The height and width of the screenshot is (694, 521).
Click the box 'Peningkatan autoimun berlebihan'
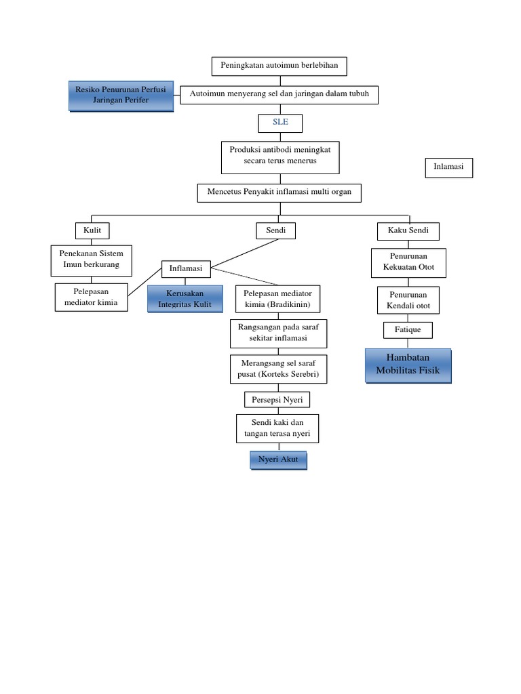tap(279, 66)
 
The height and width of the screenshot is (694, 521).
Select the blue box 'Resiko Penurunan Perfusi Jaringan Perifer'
tap(120, 96)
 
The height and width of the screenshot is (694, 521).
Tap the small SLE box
tap(280, 123)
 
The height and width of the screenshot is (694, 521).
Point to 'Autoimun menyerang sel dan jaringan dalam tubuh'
tap(279, 94)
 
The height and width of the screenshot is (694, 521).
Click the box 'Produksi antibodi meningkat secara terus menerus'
tap(280, 157)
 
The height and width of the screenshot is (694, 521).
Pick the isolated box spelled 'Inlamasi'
tap(448, 167)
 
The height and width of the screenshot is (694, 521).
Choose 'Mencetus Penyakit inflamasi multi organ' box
tap(279, 192)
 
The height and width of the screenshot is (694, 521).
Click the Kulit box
tap(92, 231)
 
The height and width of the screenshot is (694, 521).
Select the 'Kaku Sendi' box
tap(408, 231)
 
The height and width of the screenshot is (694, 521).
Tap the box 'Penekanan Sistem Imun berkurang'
tap(92, 260)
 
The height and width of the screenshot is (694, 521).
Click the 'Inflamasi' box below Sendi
tap(186, 268)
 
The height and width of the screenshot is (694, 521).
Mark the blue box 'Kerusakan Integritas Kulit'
tap(185, 299)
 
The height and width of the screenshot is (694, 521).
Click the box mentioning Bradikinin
tap(277, 299)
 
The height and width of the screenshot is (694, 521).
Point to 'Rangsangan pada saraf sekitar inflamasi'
tap(278, 333)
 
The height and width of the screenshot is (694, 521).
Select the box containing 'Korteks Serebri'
tap(277, 368)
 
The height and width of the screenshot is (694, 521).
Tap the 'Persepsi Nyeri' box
tap(277, 399)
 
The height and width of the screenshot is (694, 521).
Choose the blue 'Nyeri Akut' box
tap(278, 460)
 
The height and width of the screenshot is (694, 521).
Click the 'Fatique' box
tap(408, 330)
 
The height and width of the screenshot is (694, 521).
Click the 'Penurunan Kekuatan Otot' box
tap(408, 262)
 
